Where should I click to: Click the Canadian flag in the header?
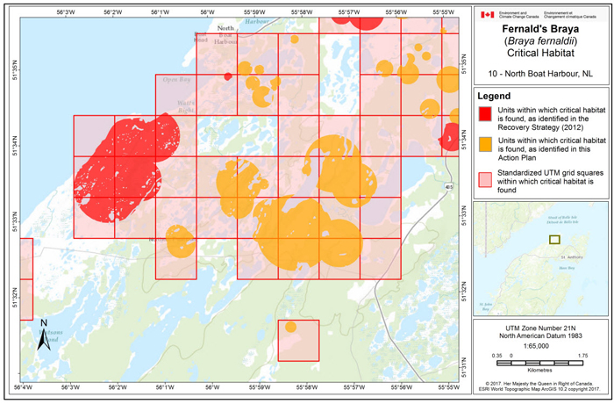point(488,15)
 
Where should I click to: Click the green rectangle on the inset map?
point(553,239)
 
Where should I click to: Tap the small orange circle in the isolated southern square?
point(291,327)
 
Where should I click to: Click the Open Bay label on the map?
point(176,79)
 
